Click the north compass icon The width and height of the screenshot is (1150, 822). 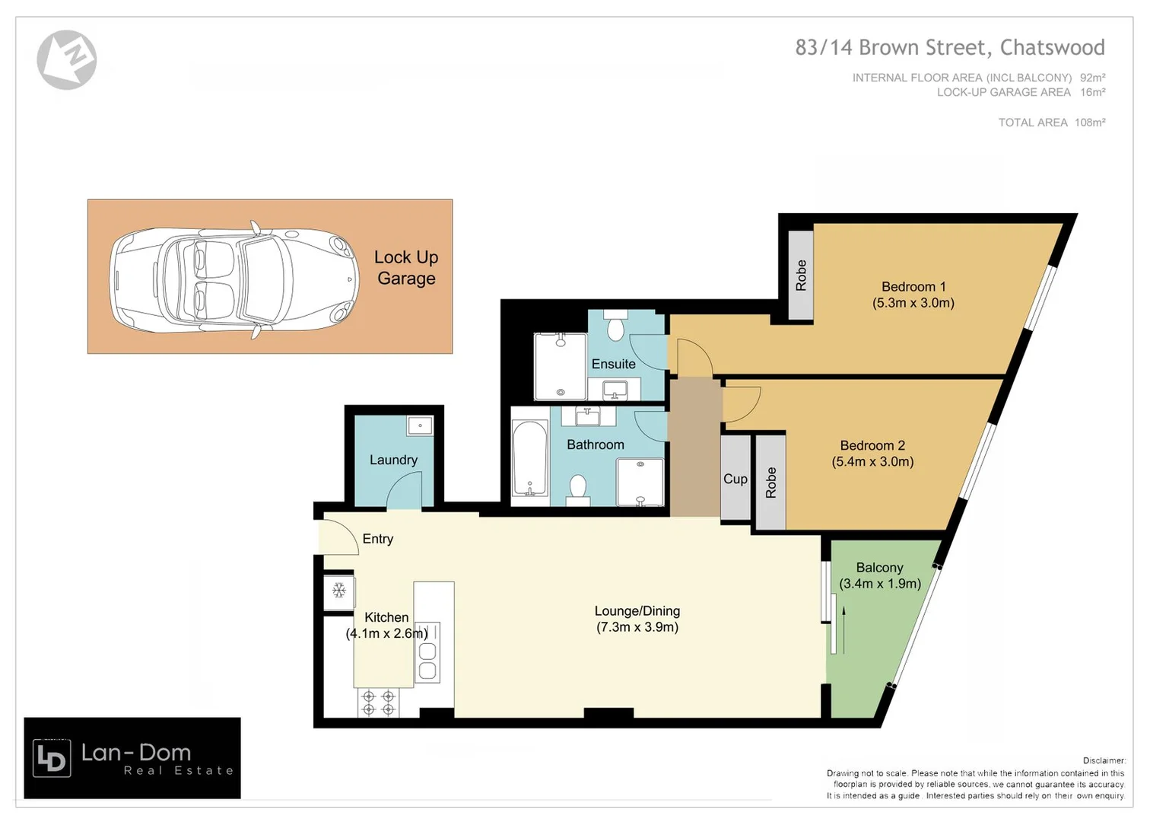click(x=67, y=59)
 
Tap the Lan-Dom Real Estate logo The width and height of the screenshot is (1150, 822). click(x=132, y=758)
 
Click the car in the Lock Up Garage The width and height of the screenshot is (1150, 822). click(x=234, y=276)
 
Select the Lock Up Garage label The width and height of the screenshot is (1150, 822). click(x=406, y=268)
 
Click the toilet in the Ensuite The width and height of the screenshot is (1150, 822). click(x=615, y=328)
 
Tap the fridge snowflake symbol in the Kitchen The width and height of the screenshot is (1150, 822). click(x=339, y=591)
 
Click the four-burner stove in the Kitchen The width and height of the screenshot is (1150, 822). click(x=378, y=703)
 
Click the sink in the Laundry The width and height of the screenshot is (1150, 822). click(x=419, y=425)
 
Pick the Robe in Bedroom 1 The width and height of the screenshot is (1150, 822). click(x=801, y=275)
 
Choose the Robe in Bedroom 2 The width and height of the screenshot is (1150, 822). click(x=770, y=483)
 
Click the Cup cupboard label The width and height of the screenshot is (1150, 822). click(x=735, y=479)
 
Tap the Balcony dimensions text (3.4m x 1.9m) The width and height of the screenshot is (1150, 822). click(x=880, y=584)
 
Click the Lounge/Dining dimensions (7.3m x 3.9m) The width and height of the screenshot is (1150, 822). click(x=637, y=627)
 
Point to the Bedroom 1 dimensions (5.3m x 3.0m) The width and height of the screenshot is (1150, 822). click(x=913, y=303)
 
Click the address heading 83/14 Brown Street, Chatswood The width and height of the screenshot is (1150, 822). click(x=949, y=47)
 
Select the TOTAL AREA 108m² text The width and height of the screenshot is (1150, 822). click(x=1051, y=123)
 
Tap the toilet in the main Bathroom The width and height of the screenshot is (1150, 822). click(x=579, y=488)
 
